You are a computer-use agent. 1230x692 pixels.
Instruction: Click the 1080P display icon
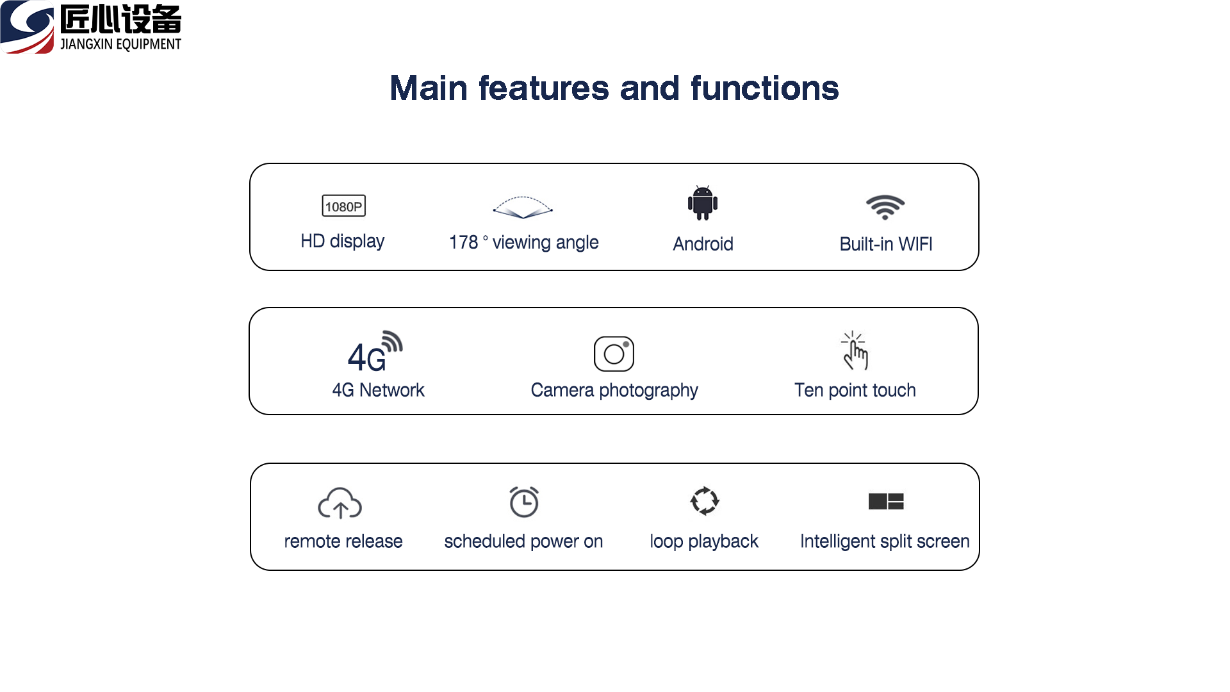click(343, 206)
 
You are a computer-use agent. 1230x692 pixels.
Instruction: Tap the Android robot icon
click(703, 203)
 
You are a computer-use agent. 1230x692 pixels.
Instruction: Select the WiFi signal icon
click(885, 207)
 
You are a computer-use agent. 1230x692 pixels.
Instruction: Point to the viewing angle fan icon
click(523, 207)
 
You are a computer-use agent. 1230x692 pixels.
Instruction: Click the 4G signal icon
click(375, 352)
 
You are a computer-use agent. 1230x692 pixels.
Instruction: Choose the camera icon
click(614, 354)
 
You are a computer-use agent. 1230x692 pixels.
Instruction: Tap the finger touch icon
click(855, 350)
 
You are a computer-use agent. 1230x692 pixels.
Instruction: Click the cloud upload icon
click(340, 503)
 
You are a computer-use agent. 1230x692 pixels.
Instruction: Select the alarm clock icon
click(524, 502)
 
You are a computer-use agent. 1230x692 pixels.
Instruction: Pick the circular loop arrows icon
click(705, 501)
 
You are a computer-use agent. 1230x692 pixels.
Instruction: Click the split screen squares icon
click(886, 501)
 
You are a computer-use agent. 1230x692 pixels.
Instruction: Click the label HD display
click(343, 242)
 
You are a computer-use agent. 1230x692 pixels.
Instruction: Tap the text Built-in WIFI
click(886, 244)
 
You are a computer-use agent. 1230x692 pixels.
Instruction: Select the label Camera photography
click(614, 390)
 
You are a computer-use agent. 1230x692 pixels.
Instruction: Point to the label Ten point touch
click(855, 390)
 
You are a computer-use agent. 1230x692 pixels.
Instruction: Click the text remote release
click(343, 541)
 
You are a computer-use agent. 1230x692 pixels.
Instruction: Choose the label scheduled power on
click(523, 541)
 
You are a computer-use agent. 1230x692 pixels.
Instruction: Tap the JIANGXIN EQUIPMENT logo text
click(120, 44)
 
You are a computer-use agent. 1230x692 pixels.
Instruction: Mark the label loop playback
click(704, 541)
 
